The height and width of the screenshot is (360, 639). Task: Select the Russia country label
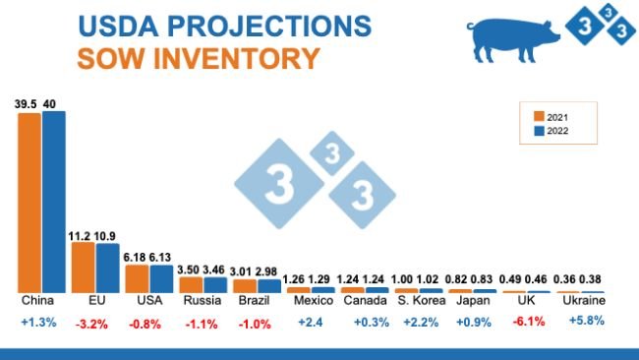[203, 301]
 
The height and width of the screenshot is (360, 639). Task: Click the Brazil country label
[257, 301]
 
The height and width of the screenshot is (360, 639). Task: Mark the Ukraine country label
[581, 301]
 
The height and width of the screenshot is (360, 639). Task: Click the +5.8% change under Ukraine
[581, 321]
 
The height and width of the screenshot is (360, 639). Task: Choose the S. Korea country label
[417, 301]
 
